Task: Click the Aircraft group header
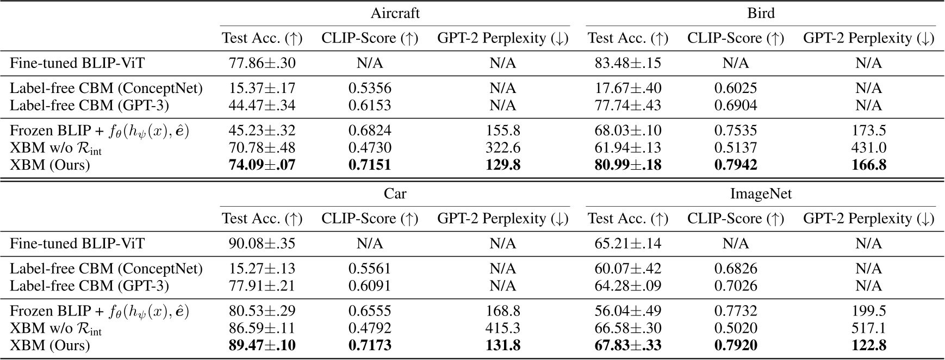pos(395,13)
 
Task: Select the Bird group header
pos(761,13)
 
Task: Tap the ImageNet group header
pos(761,194)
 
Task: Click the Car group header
pos(395,194)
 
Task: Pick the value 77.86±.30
pos(262,63)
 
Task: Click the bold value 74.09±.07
pos(262,165)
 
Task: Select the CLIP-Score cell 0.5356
pos(370,88)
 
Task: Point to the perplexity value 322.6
pos(502,148)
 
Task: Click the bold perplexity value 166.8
pos(868,165)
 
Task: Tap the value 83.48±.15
pos(628,63)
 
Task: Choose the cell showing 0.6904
pos(736,105)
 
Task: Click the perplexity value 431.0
pos(868,148)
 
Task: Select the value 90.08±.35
pos(262,243)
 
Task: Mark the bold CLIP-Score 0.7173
pos(370,345)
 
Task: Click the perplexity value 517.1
pos(868,328)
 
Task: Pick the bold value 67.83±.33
pos(628,345)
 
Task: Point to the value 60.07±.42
pos(628,269)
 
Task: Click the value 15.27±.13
pos(262,269)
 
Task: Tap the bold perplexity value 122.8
pos(868,345)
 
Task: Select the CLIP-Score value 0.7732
pos(736,311)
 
